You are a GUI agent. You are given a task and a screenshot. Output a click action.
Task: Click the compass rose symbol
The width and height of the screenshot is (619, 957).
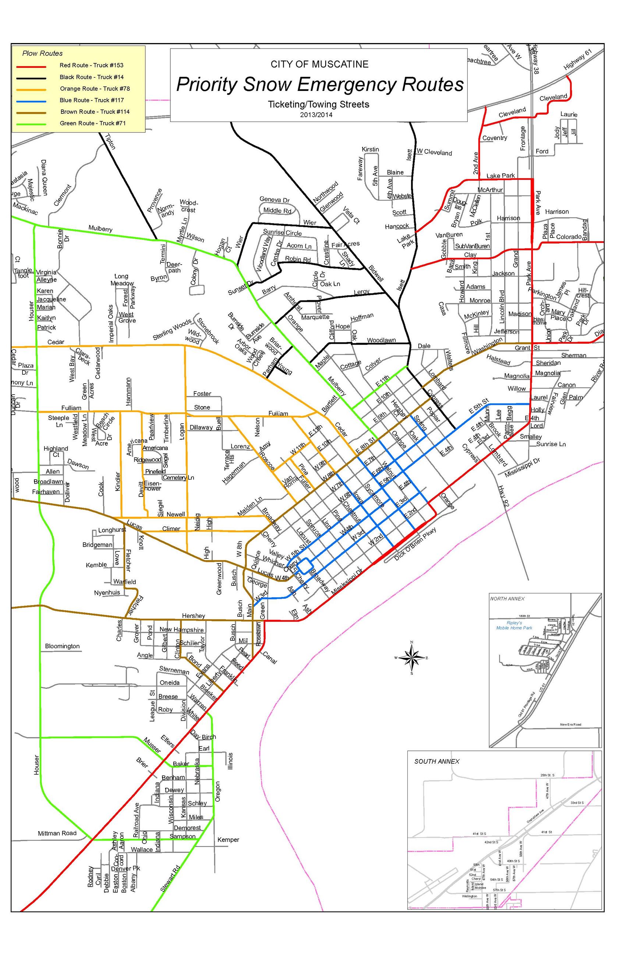coord(411,657)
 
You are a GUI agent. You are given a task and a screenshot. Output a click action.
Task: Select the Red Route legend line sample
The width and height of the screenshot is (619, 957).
coord(31,66)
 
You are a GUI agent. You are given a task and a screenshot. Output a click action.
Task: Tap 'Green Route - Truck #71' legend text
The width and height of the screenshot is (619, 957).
coord(92,123)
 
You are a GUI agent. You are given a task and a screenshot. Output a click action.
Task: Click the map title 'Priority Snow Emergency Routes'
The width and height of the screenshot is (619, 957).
coord(319,85)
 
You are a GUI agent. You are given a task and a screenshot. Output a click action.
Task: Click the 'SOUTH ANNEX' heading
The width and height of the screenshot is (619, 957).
coord(436,761)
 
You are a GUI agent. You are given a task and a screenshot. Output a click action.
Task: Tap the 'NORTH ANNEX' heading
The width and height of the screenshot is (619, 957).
coord(507,598)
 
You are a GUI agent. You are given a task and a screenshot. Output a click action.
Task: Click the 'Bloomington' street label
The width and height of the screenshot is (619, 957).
coord(62,646)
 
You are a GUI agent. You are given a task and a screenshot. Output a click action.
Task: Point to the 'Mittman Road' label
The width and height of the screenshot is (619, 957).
coord(57,833)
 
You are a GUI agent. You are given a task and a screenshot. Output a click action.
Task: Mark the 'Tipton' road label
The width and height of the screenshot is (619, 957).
coord(110,141)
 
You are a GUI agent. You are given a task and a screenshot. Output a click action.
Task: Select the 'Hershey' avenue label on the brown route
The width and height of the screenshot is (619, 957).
coord(193,616)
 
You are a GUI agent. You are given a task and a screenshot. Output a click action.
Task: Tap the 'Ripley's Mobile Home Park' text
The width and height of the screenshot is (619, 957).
coord(514,625)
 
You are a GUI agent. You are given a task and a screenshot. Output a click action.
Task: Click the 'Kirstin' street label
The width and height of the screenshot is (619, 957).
coord(370,149)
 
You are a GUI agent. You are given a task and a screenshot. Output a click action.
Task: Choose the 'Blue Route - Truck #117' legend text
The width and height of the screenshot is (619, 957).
coord(92,100)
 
